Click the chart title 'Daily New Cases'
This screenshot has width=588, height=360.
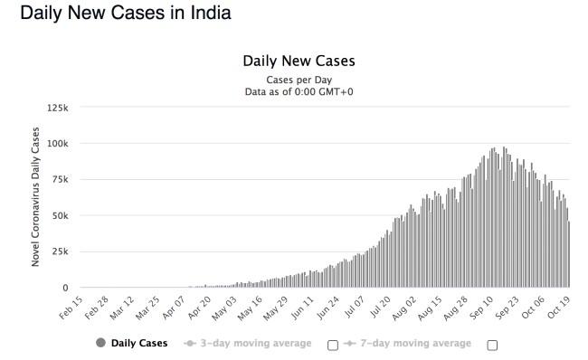pos(299,62)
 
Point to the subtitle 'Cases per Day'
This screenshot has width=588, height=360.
pos(299,80)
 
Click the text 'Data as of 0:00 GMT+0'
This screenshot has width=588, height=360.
pos(299,91)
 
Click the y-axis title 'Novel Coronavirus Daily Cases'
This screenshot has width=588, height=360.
pos(36,196)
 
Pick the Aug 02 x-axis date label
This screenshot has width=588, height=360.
pos(405,308)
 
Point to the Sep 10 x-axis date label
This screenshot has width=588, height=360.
pos(482,308)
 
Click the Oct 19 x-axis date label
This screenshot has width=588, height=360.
pos(559,308)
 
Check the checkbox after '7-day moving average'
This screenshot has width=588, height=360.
pos(492,345)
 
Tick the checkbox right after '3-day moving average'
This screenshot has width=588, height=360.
pos(332,345)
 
